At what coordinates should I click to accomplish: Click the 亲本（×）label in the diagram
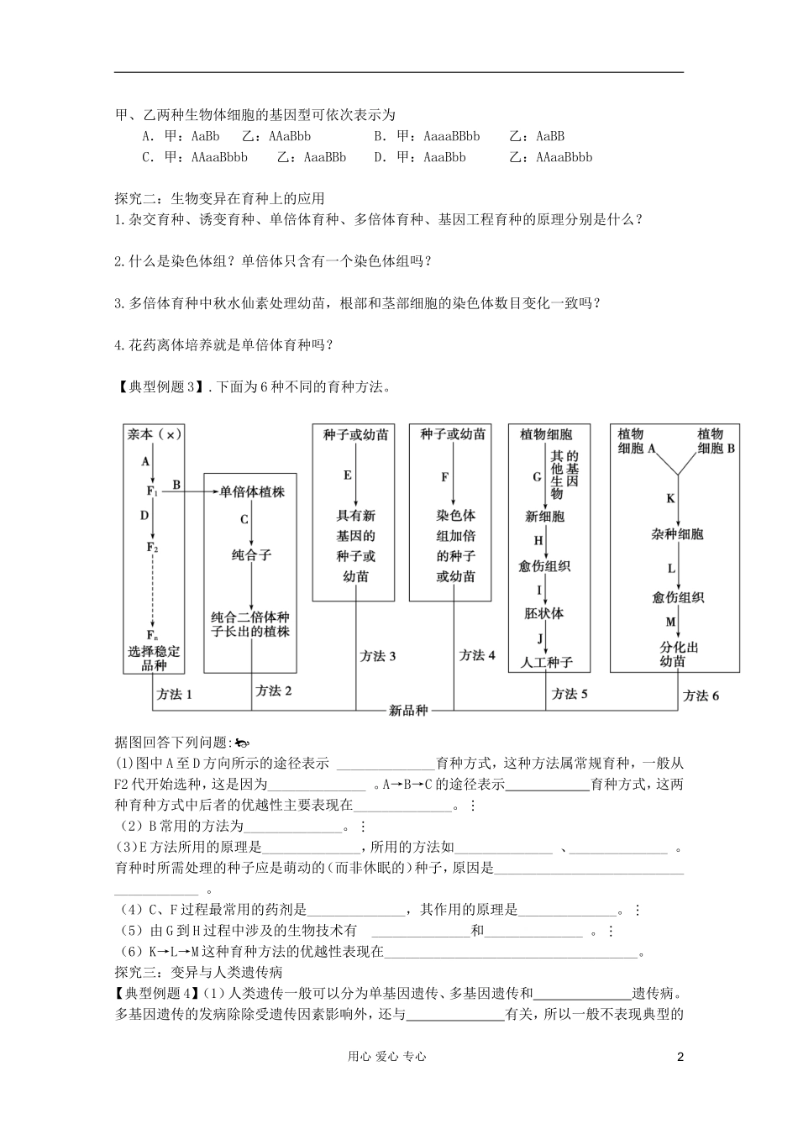tap(154, 434)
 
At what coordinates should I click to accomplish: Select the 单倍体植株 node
tap(252, 491)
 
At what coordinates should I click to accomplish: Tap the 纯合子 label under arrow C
tap(252, 555)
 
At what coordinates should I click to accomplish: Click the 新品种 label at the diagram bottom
tap(408, 710)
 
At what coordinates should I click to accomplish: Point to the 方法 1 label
tap(175, 694)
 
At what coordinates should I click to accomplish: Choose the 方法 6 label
tap(701, 696)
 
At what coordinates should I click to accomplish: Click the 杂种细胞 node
tap(677, 534)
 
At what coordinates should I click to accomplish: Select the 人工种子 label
tap(546, 662)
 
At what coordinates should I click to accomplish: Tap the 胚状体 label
tap(544, 613)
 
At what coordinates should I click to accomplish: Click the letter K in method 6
tap(670, 498)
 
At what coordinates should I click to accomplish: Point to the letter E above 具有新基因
tap(347, 475)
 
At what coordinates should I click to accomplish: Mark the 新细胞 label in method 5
tap(544, 516)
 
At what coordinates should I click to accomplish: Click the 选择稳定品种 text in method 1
tap(154, 659)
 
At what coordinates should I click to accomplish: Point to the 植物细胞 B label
tap(716, 441)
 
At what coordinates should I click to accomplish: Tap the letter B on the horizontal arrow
tap(176, 484)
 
